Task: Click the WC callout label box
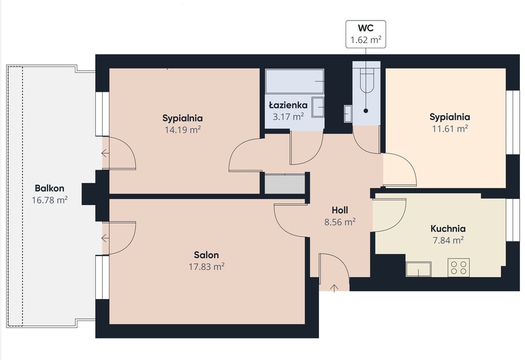tap(366, 34)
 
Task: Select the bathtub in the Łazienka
tap(295, 82)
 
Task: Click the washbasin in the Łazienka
tap(318, 107)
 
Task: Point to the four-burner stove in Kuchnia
tap(458, 268)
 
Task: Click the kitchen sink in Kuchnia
tap(418, 269)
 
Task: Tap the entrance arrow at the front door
tap(334, 288)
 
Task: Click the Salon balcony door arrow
tap(106, 238)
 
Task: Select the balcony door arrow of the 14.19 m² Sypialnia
tap(106, 153)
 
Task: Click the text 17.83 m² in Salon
tap(206, 267)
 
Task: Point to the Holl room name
tap(340, 210)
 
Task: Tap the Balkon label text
tap(50, 188)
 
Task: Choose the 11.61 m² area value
tap(450, 129)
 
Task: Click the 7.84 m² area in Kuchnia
tap(448, 240)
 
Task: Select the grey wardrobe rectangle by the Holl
tap(285, 184)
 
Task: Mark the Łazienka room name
tap(288, 105)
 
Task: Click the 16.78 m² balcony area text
tap(50, 201)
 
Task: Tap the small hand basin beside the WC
tap(348, 114)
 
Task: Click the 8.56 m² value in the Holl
tap(340, 222)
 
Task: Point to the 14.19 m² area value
tap(183, 130)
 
